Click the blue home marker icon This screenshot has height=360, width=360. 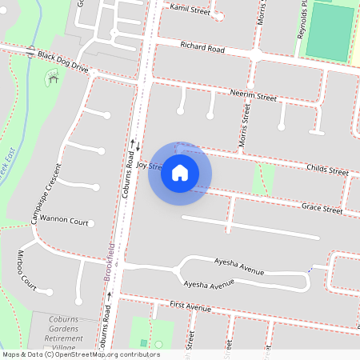click(x=180, y=173)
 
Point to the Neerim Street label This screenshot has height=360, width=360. click(x=253, y=96)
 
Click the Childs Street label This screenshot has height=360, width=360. click(x=327, y=170)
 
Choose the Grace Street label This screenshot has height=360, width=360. click(x=322, y=209)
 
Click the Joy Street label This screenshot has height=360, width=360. click(x=149, y=166)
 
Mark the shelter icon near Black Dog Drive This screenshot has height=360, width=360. click(x=54, y=78)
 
